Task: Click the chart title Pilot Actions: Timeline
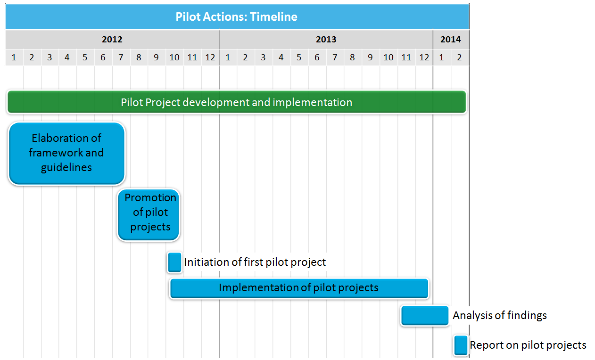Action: coord(236,16)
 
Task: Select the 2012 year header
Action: coord(112,39)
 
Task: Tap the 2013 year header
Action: coord(326,39)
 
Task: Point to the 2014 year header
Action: coord(451,39)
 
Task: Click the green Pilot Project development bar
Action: coord(237,102)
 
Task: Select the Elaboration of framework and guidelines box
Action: coord(66,153)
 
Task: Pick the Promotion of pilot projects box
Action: coord(149,215)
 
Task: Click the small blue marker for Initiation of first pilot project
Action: coord(174,262)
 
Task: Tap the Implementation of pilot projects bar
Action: coord(299,288)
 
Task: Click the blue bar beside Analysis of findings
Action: coord(425,315)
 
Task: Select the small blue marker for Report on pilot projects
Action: coord(461,345)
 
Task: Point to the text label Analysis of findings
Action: coord(500,315)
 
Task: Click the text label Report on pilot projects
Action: coord(528,345)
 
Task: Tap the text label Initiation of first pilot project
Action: coord(255,262)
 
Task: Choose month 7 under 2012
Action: coord(121,57)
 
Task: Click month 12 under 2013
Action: coord(424,57)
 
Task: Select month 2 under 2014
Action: coord(459,57)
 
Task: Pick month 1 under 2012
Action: coord(14,57)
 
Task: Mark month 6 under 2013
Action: coord(317,57)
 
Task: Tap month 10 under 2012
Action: coord(174,57)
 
